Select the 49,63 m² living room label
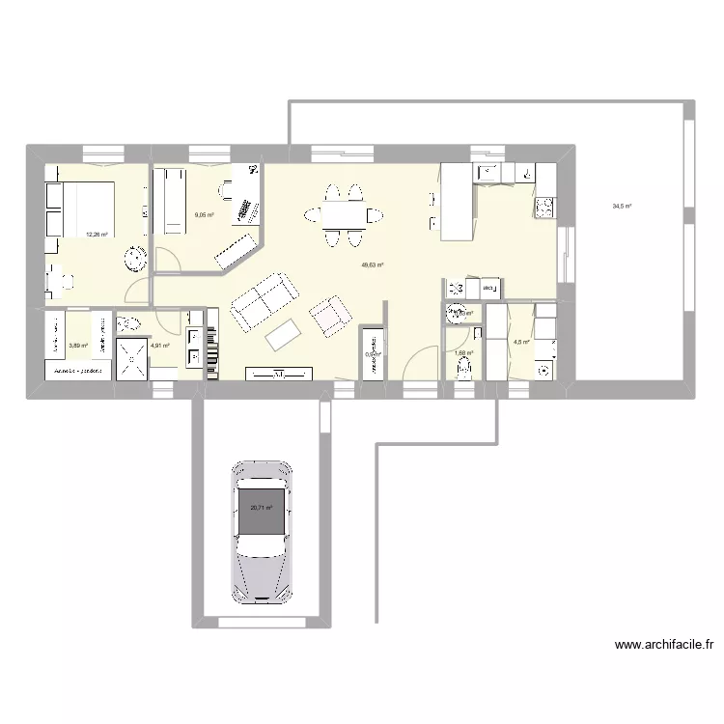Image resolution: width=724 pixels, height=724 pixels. pos(373,265)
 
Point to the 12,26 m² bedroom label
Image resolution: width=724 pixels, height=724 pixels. pos(97,233)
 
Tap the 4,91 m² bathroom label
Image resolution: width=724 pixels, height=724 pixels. pos(160,346)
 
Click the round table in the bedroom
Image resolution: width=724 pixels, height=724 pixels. pos(132,259)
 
